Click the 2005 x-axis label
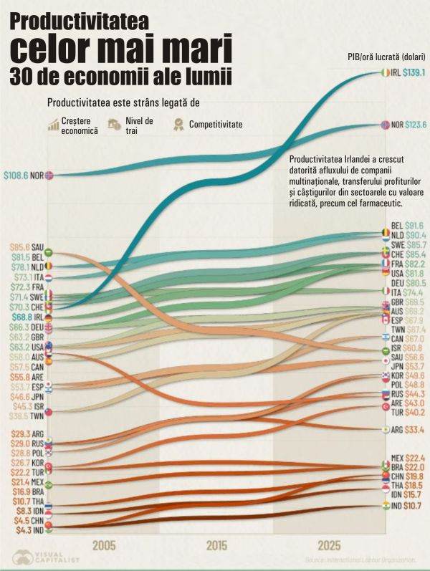tap(104, 545)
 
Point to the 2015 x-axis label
tap(216, 545)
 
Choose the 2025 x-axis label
tap(330, 545)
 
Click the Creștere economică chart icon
tap(53, 125)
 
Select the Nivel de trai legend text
tap(139, 125)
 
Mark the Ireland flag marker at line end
tap(386, 72)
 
